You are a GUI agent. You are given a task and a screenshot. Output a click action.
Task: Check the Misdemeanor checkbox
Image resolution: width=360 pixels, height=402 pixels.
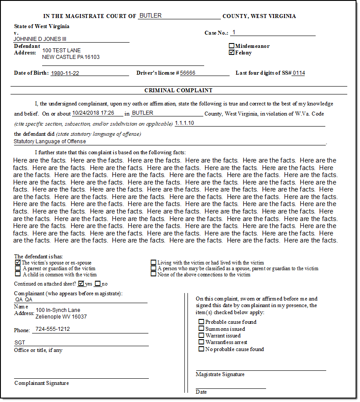click(x=232, y=46)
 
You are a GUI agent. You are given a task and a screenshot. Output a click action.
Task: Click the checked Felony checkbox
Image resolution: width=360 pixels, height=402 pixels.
click(x=232, y=52)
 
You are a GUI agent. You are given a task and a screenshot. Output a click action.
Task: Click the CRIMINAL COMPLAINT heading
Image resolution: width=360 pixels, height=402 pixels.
click(x=178, y=91)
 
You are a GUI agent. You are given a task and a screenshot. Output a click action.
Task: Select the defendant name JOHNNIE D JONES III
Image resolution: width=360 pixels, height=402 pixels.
click(x=40, y=39)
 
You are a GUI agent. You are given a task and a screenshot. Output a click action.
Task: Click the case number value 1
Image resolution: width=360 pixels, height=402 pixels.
click(x=234, y=33)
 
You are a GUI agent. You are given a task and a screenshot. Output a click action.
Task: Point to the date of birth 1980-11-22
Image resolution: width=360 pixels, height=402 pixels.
click(x=65, y=73)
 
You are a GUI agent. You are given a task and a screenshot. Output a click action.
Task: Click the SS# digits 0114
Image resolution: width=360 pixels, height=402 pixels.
click(x=299, y=73)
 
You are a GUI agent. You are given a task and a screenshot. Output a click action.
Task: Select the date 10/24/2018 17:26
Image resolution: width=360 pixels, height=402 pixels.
click(x=93, y=113)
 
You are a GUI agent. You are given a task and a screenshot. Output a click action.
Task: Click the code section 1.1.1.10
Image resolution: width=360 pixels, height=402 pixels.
click(x=184, y=123)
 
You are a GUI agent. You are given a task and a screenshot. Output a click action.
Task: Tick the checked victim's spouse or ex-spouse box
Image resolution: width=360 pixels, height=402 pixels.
click(x=18, y=262)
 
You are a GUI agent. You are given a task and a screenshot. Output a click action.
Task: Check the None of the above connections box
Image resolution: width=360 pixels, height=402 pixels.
click(x=154, y=274)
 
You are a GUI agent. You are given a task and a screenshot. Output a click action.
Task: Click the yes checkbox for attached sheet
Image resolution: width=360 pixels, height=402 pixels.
click(x=81, y=284)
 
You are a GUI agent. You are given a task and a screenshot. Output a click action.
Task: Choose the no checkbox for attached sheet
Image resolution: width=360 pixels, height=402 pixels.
click(x=97, y=284)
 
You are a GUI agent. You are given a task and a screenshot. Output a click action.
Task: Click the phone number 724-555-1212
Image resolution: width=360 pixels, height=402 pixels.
click(x=53, y=329)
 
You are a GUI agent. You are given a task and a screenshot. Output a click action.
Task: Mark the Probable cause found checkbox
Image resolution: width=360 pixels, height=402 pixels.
click(x=202, y=322)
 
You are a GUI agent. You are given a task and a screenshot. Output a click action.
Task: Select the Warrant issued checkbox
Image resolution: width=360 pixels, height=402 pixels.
click(x=202, y=336)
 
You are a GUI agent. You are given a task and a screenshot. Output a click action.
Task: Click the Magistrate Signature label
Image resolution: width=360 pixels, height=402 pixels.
click(x=220, y=374)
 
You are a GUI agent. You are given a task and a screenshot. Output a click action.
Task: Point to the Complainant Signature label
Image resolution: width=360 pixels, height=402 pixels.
click(x=42, y=383)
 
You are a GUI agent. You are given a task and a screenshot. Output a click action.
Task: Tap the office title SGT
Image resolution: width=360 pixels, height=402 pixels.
click(x=20, y=343)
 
